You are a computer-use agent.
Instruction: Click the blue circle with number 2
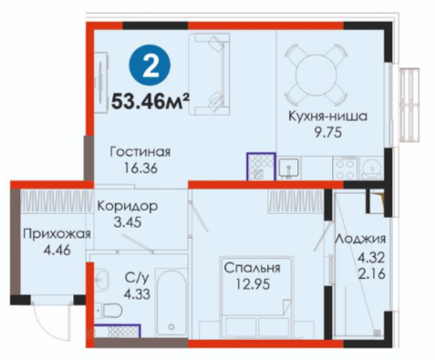[x=150, y=65]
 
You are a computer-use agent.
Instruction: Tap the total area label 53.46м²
[x=150, y=101]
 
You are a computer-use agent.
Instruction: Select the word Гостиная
[x=140, y=152]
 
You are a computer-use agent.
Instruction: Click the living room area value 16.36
[x=140, y=168]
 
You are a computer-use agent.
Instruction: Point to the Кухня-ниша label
[x=327, y=117]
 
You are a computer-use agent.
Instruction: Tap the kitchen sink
[x=289, y=168]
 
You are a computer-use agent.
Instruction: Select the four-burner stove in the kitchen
[x=346, y=168]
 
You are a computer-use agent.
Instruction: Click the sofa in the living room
[x=209, y=74]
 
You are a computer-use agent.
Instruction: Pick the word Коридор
[x=128, y=207]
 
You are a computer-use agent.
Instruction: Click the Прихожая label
[x=57, y=234]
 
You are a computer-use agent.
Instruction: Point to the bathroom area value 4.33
[x=137, y=294]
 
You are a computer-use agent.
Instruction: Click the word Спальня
[x=252, y=268]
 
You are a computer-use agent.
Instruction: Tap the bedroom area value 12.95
[x=253, y=284]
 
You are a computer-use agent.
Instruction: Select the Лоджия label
[x=360, y=240]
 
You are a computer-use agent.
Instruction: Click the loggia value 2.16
[x=371, y=274]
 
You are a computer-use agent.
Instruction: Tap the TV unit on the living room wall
[x=101, y=82]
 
